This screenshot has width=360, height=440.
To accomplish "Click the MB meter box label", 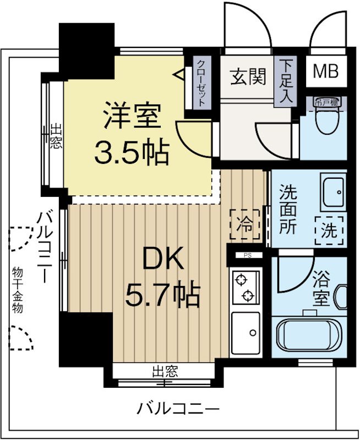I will pyautogui.click(x=325, y=71).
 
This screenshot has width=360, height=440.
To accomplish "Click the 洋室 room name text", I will pyautogui.click(x=132, y=117).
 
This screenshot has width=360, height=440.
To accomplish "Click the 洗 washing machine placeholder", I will pyautogui.click(x=329, y=230).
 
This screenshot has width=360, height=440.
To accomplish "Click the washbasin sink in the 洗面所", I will pyautogui.click(x=333, y=191).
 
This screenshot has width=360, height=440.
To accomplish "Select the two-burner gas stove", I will pyautogui.click(x=244, y=288).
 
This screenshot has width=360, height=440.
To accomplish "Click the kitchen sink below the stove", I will pyautogui.click(x=245, y=333).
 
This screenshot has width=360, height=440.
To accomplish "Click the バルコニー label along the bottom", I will pyautogui.click(x=178, y=409).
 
